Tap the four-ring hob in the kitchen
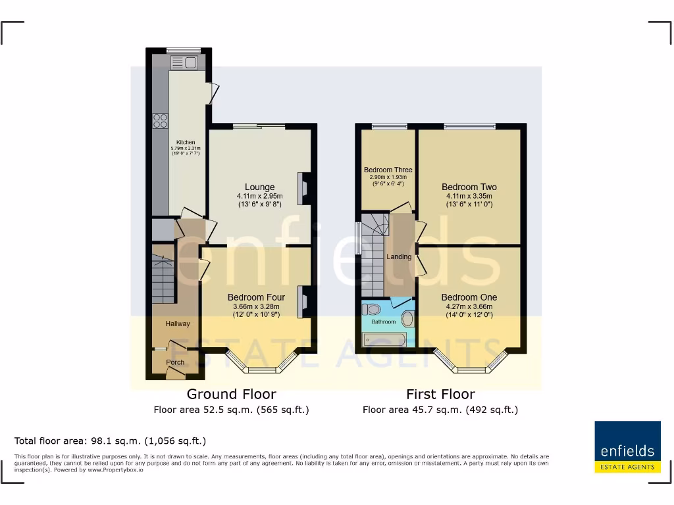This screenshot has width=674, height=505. (x=161, y=121)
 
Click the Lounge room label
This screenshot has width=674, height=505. (x=260, y=187)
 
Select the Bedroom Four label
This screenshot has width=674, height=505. (x=256, y=297)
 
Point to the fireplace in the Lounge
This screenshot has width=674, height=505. (x=303, y=187)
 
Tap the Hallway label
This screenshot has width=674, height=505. (x=178, y=324)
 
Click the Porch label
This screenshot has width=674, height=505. (x=175, y=362)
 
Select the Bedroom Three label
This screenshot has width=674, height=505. (x=388, y=170)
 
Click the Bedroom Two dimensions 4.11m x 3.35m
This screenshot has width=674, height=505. (x=469, y=196)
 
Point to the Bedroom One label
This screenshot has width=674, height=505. (x=469, y=297)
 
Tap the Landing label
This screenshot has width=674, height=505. (x=399, y=256)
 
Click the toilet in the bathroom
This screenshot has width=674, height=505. (x=373, y=309)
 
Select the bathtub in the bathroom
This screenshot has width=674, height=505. (x=386, y=339)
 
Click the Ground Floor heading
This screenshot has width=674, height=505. (x=231, y=395)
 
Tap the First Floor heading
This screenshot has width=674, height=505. (x=440, y=395)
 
